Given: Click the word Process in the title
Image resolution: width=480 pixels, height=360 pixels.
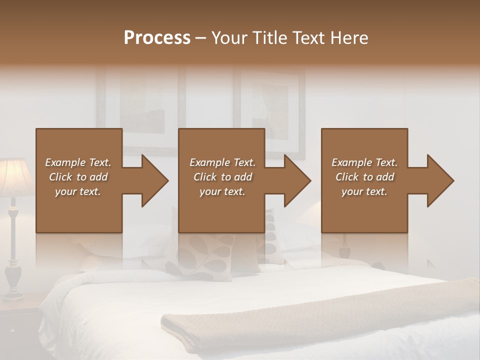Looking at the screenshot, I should coord(157,38).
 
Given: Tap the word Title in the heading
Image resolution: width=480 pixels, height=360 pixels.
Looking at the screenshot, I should coord(269,38).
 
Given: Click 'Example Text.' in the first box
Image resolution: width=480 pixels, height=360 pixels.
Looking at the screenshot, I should coord(78,162).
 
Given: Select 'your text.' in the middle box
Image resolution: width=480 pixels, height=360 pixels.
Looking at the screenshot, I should coord(222,191).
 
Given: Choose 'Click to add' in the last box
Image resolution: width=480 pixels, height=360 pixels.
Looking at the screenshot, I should coord(364,177).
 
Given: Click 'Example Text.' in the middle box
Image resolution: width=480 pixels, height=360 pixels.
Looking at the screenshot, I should coord(222,162).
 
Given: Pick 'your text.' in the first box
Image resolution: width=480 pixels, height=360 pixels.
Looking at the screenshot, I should coord(78,191).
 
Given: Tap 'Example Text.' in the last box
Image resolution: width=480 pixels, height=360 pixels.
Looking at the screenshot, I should coord(364,162).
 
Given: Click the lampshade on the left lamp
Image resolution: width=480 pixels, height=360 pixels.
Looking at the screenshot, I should coord(13,177).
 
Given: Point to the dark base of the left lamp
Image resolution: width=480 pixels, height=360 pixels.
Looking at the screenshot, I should coord(13,280).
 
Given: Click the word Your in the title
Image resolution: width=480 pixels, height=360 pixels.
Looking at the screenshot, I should coord(229,38).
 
